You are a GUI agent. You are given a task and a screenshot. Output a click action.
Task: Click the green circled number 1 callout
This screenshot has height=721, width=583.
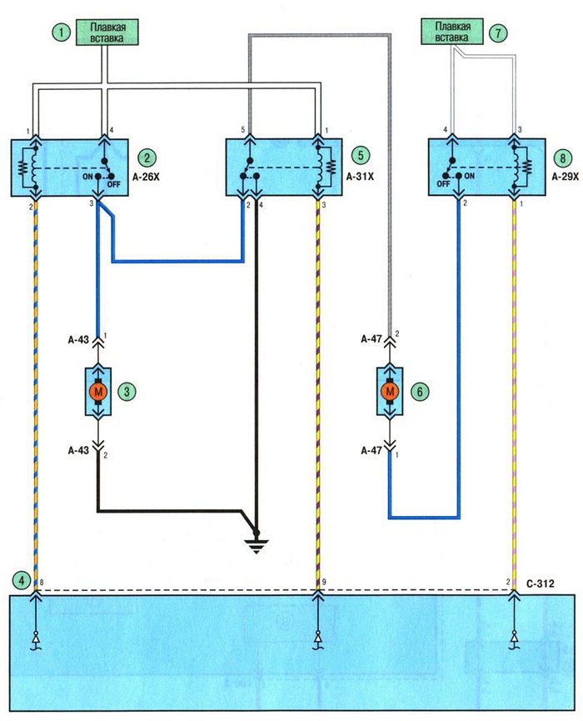click(62, 33)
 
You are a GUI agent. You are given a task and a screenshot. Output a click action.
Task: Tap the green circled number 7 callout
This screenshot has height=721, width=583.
click(497, 33)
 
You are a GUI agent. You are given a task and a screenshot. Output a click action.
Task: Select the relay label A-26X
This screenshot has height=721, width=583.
click(146, 177)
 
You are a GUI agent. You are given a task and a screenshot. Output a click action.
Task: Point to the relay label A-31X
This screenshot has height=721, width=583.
click(360, 176)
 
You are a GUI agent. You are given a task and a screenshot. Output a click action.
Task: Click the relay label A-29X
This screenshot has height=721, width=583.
click(565, 176)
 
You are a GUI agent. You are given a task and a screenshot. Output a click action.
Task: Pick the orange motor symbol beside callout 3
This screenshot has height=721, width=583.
click(97, 392)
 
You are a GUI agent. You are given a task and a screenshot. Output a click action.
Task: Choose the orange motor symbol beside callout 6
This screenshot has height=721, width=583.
click(390, 392)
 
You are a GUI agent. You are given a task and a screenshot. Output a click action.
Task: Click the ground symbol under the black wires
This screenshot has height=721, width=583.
click(257, 545)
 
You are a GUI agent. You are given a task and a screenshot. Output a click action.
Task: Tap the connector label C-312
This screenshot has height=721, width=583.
click(541, 583)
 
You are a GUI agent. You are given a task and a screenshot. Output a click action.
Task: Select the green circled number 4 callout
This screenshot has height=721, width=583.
click(21, 580)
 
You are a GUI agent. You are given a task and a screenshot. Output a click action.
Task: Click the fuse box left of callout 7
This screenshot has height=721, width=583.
click(452, 32)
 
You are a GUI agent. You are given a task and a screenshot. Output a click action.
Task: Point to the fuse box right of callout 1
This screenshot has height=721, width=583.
click(107, 33)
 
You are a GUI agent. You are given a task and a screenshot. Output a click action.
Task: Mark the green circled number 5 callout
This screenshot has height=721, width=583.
click(361, 155)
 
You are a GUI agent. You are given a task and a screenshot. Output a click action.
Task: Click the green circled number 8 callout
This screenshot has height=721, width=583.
click(562, 158)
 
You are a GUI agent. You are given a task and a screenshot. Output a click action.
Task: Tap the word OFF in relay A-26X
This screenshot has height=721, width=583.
click(113, 184)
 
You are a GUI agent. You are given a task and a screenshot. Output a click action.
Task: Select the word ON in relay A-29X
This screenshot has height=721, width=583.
click(469, 176)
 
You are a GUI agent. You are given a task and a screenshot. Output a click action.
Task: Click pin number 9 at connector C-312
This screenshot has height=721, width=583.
click(324, 582)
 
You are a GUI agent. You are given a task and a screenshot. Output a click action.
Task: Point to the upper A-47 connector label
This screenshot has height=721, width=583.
click(371, 339)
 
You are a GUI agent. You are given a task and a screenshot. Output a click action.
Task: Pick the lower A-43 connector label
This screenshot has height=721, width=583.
click(78, 450)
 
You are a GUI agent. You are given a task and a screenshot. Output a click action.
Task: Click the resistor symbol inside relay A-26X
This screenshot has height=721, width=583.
click(22, 168)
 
